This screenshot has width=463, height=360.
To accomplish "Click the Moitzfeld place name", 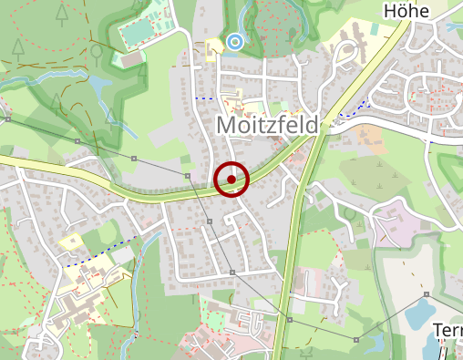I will pos(266,124).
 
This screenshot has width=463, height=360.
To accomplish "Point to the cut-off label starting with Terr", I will pos(447,330).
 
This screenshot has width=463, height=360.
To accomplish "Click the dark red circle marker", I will pos(231,180).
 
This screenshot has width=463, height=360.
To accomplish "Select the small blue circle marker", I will pos(235,41).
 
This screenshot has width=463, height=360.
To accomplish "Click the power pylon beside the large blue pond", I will pos(426,294).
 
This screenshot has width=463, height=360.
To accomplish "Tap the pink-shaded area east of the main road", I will pos(392,224).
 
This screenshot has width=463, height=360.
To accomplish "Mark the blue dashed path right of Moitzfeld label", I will pos(349,112).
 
